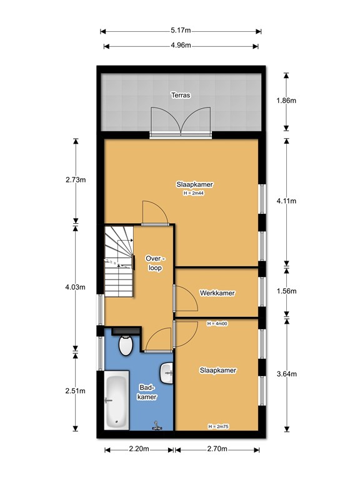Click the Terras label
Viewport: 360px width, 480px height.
point(181,95)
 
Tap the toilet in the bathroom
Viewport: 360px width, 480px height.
point(125,345)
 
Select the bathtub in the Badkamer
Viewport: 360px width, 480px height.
point(116,401)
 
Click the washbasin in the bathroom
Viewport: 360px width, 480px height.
point(166,373)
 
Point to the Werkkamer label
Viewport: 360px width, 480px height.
point(217,293)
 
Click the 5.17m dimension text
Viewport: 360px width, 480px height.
point(181,30)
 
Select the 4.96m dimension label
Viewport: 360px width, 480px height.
point(181,45)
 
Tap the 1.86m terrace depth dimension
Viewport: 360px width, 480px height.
point(286,101)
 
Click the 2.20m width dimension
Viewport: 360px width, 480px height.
point(139,449)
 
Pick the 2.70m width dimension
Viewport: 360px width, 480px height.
point(217,449)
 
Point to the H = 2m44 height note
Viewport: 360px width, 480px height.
point(194,193)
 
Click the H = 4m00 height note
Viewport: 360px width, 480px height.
point(217,324)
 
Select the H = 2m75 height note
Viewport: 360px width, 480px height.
point(218,426)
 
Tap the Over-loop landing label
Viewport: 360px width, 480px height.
point(155,263)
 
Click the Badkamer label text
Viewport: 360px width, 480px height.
point(147,392)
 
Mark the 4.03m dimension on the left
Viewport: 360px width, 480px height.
point(75,287)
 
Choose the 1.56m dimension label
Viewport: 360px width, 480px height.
point(286,291)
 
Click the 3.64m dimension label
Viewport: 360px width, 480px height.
point(286,374)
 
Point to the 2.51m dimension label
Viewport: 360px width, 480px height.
point(75,391)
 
